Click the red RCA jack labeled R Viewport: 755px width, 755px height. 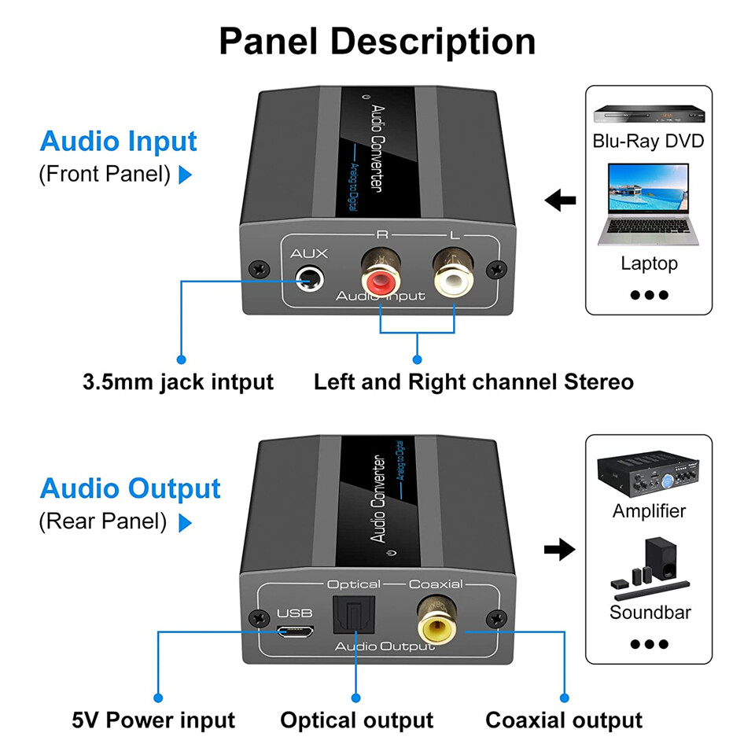381,278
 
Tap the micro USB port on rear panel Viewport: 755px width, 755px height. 296,632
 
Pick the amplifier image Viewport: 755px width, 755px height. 649,472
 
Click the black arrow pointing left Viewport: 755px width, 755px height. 560,201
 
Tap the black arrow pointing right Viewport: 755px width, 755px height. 559,550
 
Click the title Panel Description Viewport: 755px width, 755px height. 377,41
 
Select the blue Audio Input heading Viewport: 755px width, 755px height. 118,142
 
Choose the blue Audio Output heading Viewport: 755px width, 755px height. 130,488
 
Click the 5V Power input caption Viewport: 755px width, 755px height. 153,720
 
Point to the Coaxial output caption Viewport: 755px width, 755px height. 563,720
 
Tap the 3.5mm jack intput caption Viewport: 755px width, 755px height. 178,382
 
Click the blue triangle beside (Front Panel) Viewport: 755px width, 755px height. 186,175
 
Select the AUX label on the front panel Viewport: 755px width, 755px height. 308,254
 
